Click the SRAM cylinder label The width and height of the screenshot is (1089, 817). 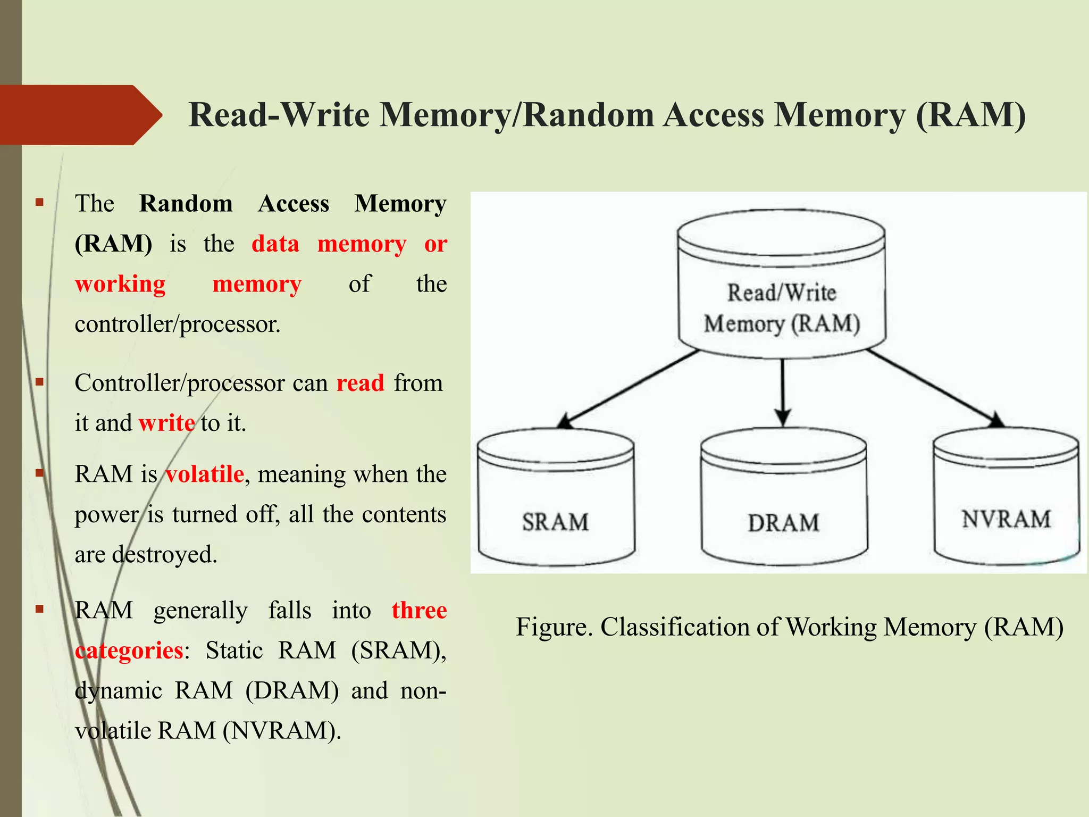point(555,522)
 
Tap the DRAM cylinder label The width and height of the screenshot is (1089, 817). point(783,523)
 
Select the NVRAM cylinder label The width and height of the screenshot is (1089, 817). point(1006,519)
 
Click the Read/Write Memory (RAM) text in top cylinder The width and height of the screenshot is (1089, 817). point(782,308)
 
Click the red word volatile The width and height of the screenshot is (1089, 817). point(205,474)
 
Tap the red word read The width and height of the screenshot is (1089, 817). point(360,383)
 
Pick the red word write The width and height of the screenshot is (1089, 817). point(166,423)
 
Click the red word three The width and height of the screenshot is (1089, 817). point(419,610)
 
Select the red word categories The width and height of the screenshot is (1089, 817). point(129,651)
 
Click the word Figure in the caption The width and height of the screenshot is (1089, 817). point(554,627)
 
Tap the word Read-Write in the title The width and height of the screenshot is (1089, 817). point(279,115)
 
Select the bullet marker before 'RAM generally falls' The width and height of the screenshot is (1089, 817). point(39,609)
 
